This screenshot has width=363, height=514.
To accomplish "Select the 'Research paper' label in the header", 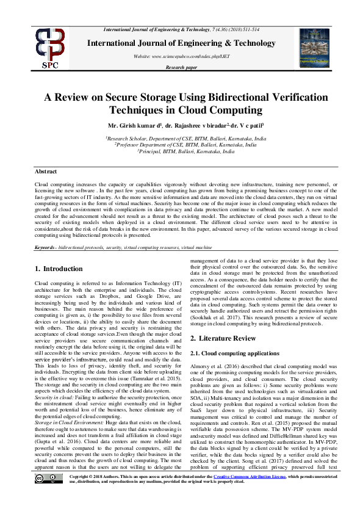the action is pos(181,67).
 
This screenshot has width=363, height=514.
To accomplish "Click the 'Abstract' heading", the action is pos(46,172).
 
